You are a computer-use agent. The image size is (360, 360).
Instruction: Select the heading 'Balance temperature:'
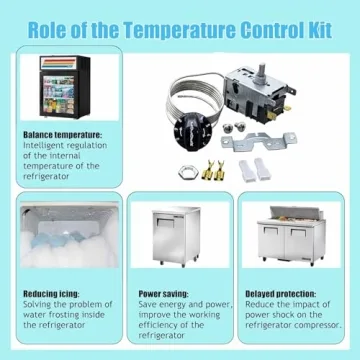click(x=62, y=135)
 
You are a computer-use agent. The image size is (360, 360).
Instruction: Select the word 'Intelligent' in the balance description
click(x=45, y=145)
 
